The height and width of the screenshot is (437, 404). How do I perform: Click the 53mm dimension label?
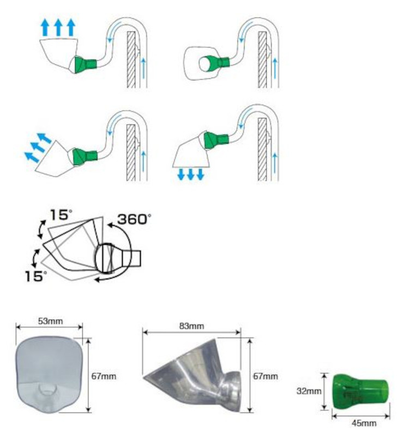(x=50, y=321)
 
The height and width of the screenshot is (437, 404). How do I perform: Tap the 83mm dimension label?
(x=192, y=326)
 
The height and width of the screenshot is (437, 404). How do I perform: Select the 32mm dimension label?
(x=309, y=391)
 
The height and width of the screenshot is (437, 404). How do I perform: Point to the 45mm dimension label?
(x=364, y=423)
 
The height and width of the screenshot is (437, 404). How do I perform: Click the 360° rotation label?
(x=134, y=220)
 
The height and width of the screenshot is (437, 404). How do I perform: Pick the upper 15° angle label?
(x=61, y=215)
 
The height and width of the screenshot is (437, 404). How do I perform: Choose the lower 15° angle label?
(x=36, y=276)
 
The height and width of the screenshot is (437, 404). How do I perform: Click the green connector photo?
(x=360, y=392)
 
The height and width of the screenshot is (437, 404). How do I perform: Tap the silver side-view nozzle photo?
(x=192, y=375)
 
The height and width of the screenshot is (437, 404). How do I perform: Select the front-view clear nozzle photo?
(x=49, y=375)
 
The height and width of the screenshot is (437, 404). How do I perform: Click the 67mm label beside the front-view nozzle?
(x=104, y=376)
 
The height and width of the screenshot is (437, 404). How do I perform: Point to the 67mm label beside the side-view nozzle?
(x=265, y=376)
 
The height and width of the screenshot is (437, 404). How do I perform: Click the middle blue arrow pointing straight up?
(x=58, y=27)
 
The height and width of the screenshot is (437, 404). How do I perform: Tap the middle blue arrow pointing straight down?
(x=191, y=174)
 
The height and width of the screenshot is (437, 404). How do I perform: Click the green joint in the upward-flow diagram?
(x=85, y=64)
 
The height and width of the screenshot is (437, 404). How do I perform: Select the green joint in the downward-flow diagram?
(x=216, y=140)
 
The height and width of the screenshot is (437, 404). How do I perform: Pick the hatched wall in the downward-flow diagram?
(x=262, y=149)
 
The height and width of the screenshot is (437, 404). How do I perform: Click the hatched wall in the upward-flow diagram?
(x=131, y=60)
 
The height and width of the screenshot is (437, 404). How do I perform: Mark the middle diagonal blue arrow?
(x=38, y=147)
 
